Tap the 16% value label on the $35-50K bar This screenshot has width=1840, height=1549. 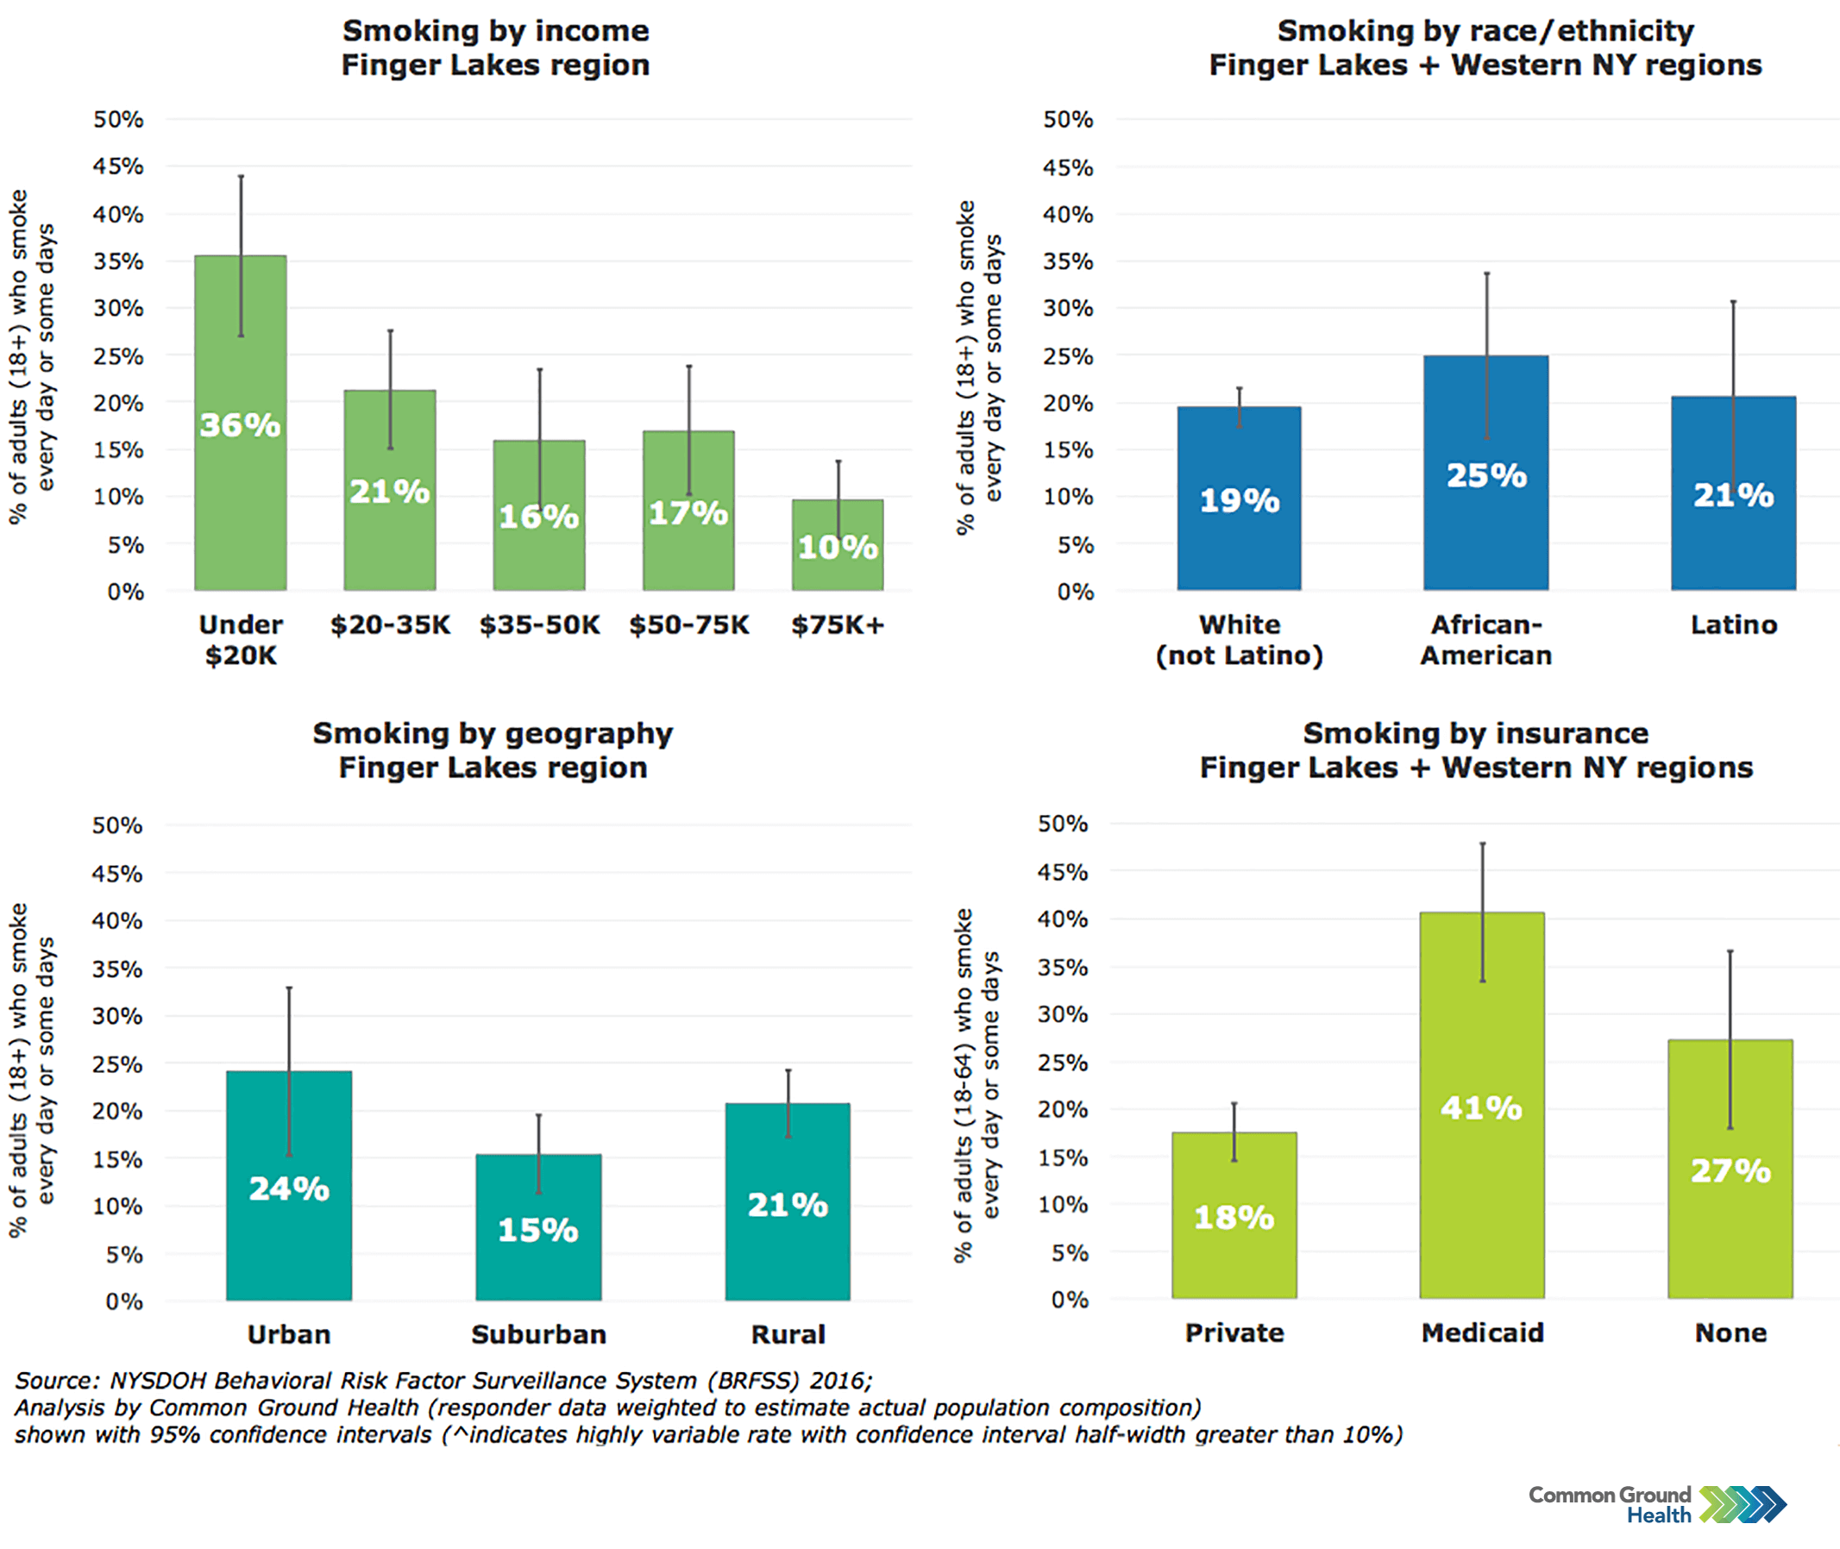[538, 517]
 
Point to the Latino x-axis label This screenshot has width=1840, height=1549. [1734, 625]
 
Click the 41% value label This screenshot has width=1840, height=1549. [1482, 1108]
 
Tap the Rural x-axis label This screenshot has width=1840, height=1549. [788, 1335]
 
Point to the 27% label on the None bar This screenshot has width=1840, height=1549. [1730, 1170]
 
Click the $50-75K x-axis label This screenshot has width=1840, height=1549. [688, 625]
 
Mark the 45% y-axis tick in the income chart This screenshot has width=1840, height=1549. [118, 166]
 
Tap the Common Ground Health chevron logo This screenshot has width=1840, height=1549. [1743, 1504]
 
